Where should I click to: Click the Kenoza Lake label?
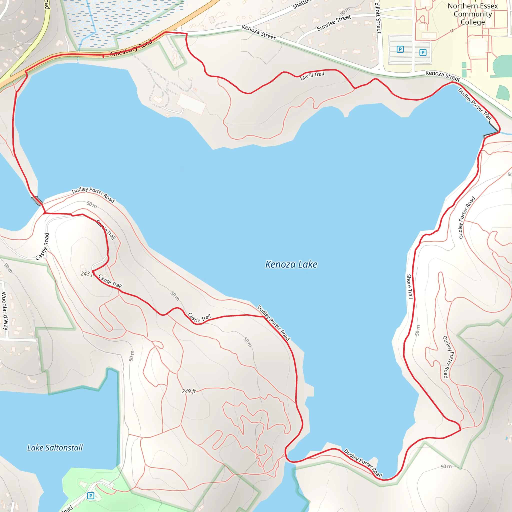[x=291, y=264]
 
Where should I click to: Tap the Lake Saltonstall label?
[x=55, y=448]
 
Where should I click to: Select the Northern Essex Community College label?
[x=472, y=14]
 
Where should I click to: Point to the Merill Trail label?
[x=312, y=76]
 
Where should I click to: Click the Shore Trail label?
[x=410, y=286]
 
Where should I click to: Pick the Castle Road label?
[x=43, y=246]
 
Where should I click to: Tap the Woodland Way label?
[x=5, y=310]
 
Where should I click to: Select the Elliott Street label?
[x=378, y=17]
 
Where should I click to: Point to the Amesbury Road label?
[x=131, y=48]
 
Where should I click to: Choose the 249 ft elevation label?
[x=189, y=391]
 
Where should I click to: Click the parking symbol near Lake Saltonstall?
[x=91, y=495]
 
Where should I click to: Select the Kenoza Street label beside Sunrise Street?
[x=259, y=32]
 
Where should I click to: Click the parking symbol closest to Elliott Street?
[x=400, y=49]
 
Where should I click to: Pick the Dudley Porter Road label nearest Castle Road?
[x=93, y=194]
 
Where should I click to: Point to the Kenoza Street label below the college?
[x=442, y=76]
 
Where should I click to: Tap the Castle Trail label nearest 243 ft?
[x=110, y=281]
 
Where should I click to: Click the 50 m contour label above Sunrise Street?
[x=345, y=11]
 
